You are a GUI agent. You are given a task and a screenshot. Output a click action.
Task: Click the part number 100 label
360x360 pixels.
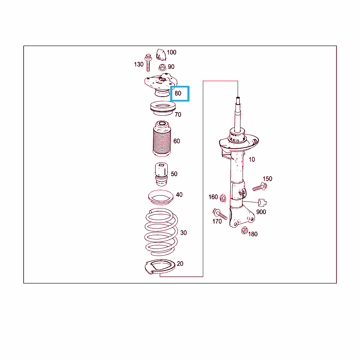click(172, 52)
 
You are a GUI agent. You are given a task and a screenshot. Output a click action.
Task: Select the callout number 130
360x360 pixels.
click(139, 64)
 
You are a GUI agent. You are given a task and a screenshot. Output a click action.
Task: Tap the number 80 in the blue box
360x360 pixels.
click(178, 93)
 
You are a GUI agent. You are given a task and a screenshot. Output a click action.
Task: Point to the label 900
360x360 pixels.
click(261, 212)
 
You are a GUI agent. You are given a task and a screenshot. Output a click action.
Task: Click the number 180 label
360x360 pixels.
click(253, 234)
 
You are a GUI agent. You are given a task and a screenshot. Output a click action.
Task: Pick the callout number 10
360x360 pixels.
click(252, 159)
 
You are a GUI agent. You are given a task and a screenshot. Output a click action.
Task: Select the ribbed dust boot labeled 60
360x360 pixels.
click(162, 139)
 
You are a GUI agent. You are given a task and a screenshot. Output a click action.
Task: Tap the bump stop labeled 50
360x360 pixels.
click(161, 174)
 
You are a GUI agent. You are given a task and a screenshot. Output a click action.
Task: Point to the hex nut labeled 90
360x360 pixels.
click(162, 67)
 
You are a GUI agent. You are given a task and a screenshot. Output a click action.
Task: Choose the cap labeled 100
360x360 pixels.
click(161, 54)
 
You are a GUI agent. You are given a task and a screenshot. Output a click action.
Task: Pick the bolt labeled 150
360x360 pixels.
click(260, 187)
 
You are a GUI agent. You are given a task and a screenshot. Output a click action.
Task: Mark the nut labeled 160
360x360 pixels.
click(223, 198)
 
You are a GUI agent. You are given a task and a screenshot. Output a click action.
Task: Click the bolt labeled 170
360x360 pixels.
click(220, 214)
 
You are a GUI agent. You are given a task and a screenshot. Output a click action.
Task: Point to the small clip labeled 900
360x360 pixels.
click(262, 203)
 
